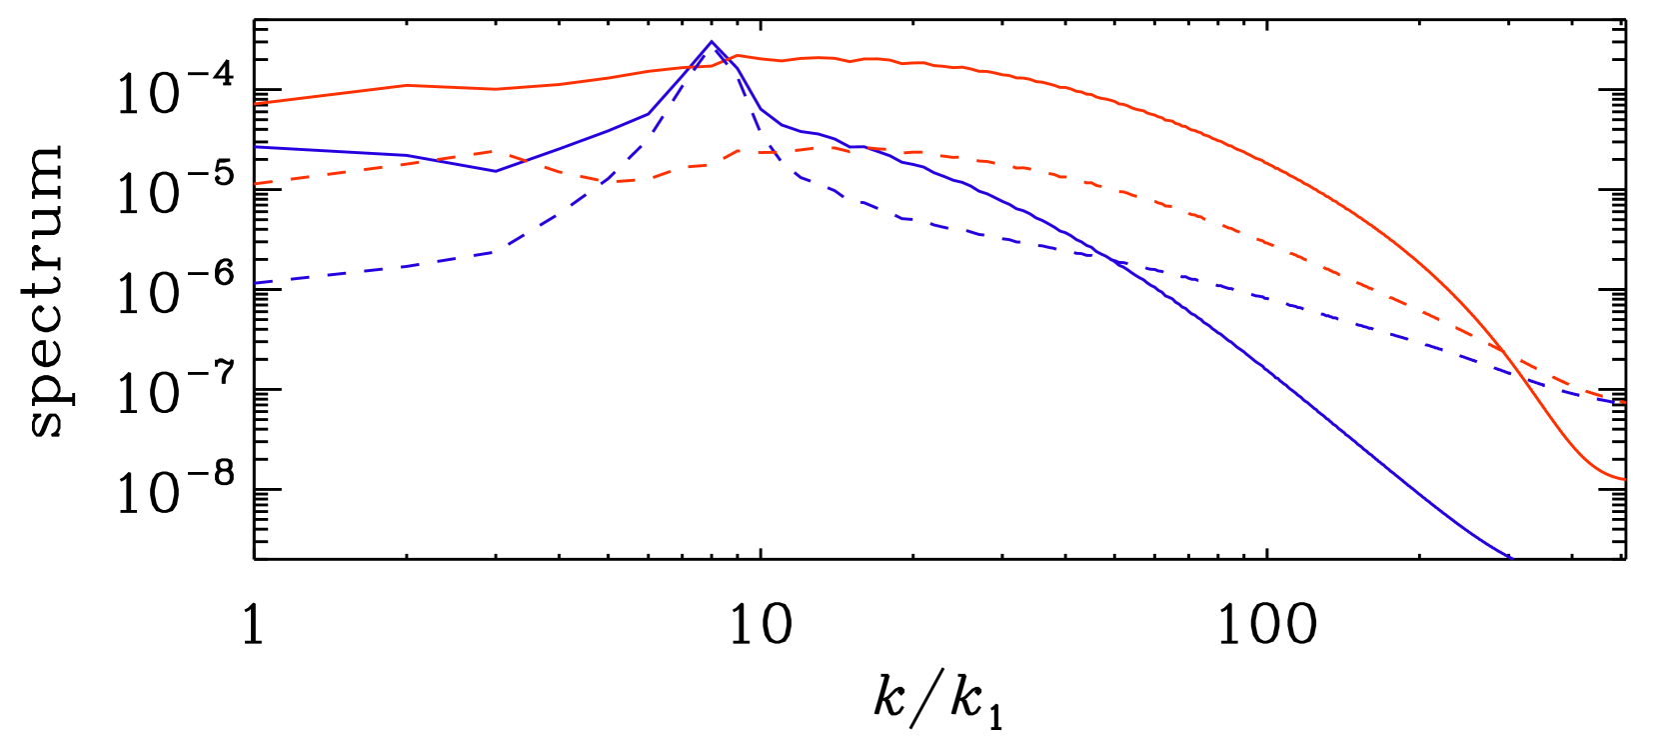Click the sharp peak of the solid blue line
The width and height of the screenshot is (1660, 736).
tap(712, 42)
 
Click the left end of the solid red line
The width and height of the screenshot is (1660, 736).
tap(256, 103)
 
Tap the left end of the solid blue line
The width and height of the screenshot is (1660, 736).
tap(256, 147)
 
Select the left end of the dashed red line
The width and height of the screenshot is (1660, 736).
tap(256, 184)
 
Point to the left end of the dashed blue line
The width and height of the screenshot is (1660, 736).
tap(256, 283)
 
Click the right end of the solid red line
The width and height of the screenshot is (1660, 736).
tap(1625, 480)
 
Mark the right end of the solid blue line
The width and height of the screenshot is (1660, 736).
tap(1513, 558)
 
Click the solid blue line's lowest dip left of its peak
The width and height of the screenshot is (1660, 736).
tap(495, 171)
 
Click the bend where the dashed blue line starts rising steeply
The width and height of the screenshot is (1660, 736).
tap(500, 251)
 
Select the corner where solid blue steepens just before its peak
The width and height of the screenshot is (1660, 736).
tap(650, 113)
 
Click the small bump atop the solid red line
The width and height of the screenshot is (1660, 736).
tap(738, 55)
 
